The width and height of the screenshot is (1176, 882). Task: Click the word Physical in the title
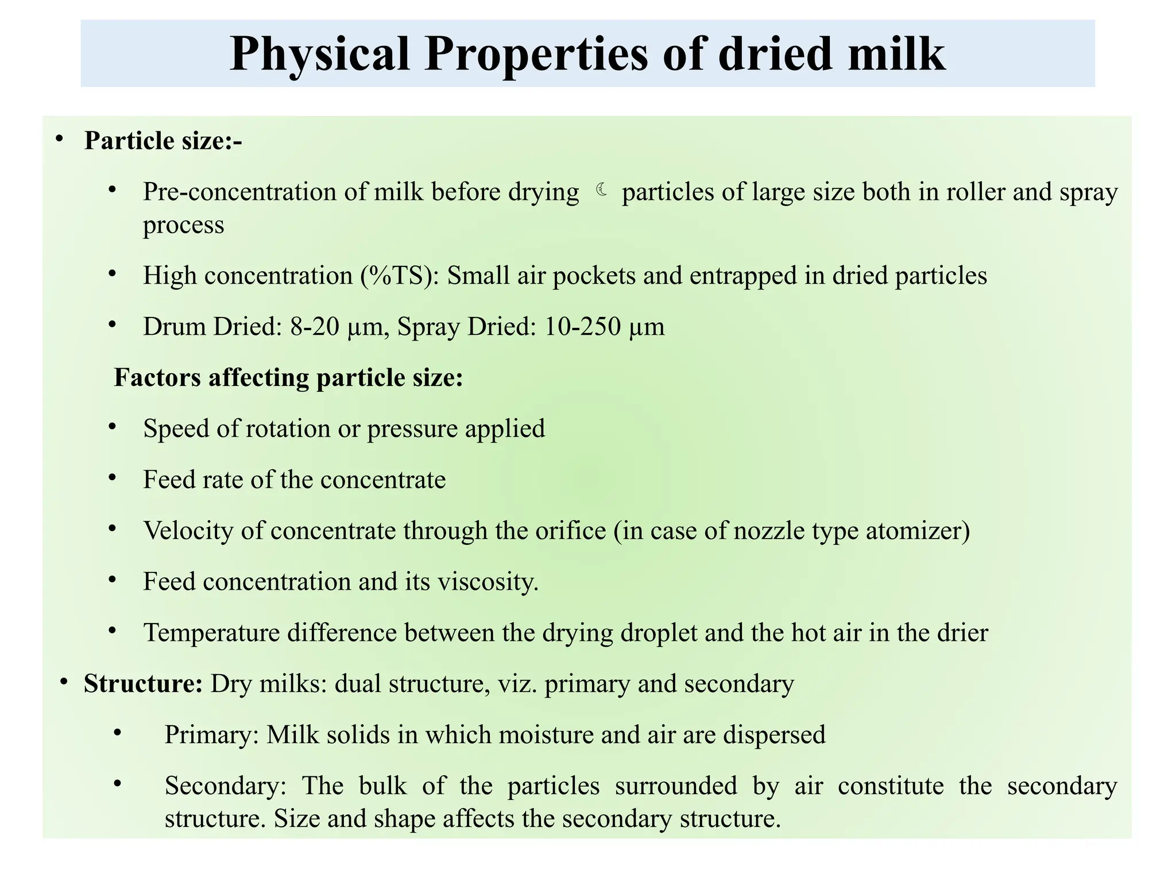click(319, 54)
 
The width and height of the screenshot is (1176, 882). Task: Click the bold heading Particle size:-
click(163, 141)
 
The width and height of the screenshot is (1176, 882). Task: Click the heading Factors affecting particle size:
click(288, 378)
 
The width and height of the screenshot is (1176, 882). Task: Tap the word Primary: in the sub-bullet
click(212, 735)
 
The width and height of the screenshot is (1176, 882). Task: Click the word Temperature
click(211, 633)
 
